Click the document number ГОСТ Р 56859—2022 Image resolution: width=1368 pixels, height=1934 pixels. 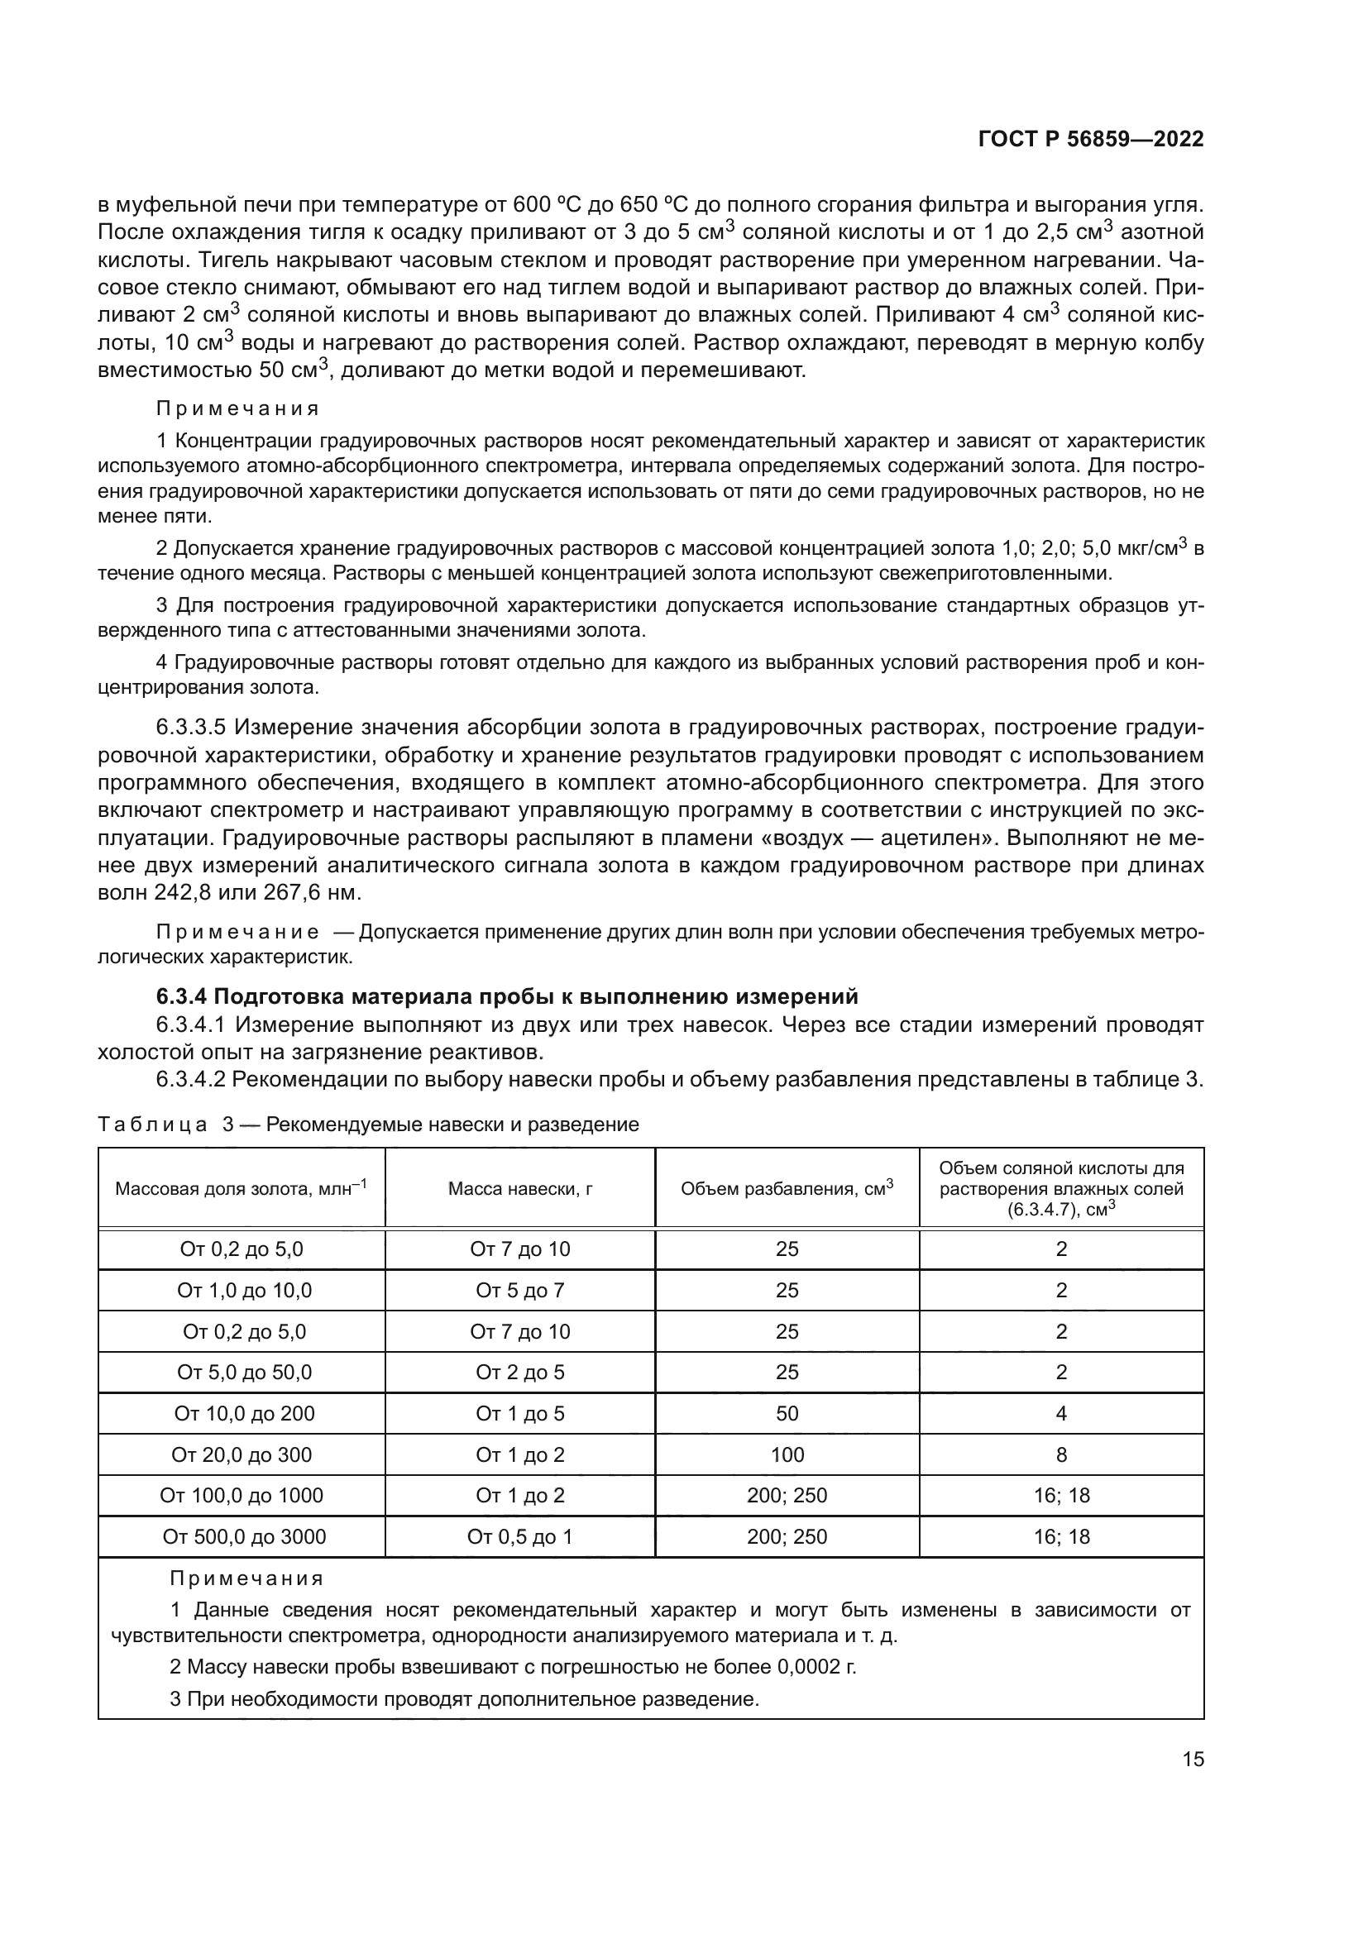[x=1090, y=140]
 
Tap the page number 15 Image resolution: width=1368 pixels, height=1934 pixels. [x=1193, y=1759]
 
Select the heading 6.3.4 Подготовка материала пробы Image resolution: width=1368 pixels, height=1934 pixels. [x=507, y=996]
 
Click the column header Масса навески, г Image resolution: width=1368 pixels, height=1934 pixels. [x=519, y=1188]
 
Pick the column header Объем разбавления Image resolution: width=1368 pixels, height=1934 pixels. [x=786, y=1188]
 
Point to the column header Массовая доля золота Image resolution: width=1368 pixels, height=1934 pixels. [x=241, y=1188]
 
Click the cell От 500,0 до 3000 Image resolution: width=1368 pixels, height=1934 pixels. [x=243, y=1536]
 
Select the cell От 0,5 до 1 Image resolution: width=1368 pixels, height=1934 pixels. [x=519, y=1536]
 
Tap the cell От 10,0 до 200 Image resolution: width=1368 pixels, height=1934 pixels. [x=243, y=1413]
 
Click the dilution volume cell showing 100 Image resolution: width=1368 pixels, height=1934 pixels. [x=786, y=1454]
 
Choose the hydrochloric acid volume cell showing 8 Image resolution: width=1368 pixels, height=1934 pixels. [x=1060, y=1454]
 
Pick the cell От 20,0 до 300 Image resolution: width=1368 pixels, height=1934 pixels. [x=241, y=1454]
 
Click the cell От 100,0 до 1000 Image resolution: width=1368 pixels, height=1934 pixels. [x=241, y=1495]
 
